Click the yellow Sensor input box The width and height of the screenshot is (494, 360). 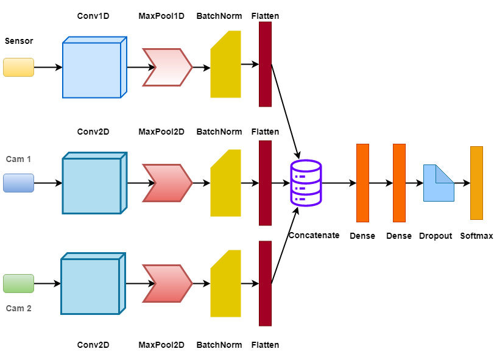tap(18, 67)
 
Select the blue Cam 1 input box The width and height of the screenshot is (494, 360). tap(18, 183)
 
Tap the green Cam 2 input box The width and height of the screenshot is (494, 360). tap(18, 283)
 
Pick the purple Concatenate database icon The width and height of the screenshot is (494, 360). tap(306, 183)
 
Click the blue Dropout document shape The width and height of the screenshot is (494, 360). tap(439, 183)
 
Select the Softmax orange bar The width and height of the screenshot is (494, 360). tap(476, 183)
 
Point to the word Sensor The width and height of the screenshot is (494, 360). tap(19, 41)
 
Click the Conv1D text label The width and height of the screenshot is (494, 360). tap(93, 16)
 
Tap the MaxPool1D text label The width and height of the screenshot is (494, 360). tap(161, 16)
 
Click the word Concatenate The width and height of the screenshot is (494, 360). tap(314, 235)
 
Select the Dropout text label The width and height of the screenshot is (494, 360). tap(436, 236)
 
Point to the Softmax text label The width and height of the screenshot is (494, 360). tap(476, 236)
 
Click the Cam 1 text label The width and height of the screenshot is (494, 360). tap(18, 159)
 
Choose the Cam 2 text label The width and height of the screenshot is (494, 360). tap(18, 308)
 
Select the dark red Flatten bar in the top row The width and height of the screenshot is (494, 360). tap(265, 64)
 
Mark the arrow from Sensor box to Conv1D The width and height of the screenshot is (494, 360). tap(48, 67)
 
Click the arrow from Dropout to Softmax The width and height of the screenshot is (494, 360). tap(462, 183)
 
